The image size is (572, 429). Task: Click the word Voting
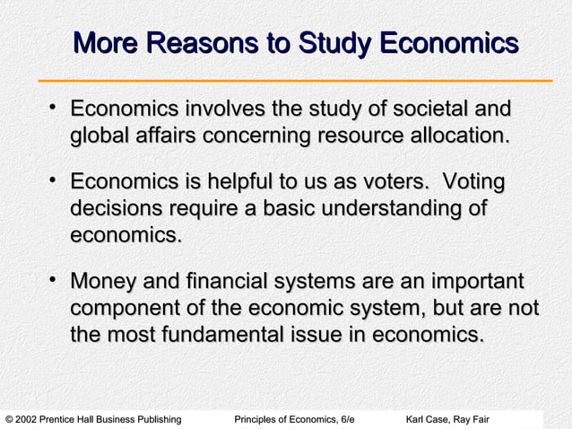click(475, 184)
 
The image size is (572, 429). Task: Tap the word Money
click(101, 285)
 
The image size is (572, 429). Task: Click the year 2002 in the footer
click(30, 420)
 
